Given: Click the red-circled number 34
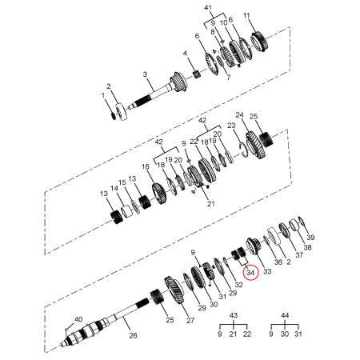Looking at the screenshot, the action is pos(250,273).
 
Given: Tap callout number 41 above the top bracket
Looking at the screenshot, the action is pos(208,8).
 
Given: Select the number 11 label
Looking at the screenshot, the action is pos(246,15).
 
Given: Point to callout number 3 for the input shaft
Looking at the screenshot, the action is pos(145,74).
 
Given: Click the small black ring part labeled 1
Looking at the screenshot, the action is pos(114,116).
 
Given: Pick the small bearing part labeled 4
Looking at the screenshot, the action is pos(197,74).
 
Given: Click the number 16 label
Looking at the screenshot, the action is pos(146,167).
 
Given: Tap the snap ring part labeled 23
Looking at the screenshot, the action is pos(244,150).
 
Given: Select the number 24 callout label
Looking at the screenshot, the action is pos(240,115).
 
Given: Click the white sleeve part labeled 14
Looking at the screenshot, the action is pos(126,212).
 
